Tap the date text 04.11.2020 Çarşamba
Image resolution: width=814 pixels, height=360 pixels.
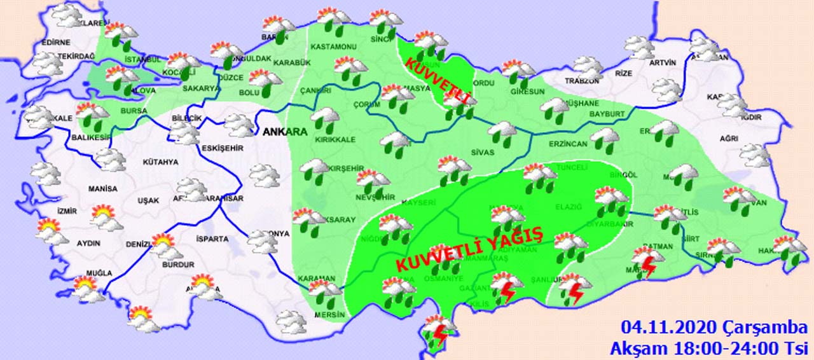[714, 328]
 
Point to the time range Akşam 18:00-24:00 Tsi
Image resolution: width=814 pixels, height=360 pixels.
[708, 349]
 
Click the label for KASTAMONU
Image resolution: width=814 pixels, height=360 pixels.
[333, 47]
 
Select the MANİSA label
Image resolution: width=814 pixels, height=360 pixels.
[103, 189]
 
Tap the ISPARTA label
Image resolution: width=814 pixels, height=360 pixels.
[212, 239]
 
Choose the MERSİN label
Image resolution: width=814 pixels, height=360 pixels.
[332, 314]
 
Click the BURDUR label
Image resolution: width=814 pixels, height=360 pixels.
[174, 265]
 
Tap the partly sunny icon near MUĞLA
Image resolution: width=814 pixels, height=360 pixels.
[88, 289]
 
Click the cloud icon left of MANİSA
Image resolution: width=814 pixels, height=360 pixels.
[45, 174]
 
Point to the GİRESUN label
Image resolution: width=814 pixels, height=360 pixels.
[527, 92]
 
